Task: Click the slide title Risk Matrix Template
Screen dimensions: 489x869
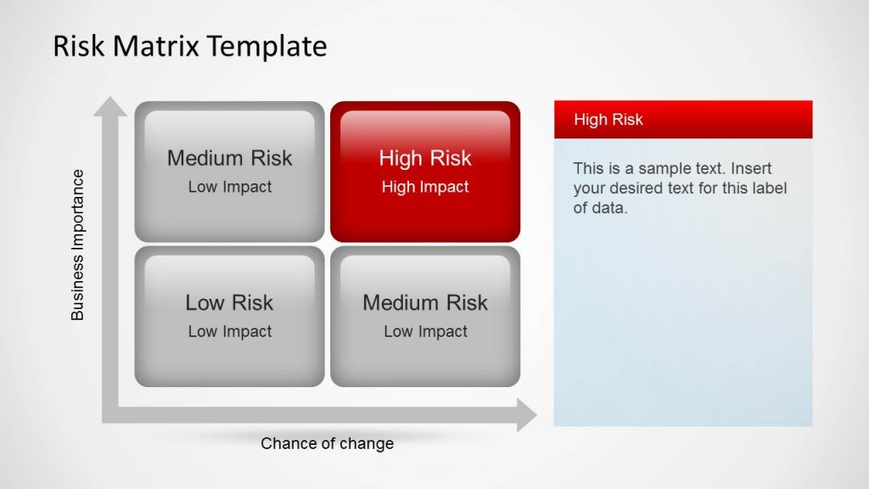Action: (x=189, y=46)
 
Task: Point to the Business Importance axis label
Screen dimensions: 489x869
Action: (x=78, y=244)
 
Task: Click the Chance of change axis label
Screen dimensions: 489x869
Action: (x=327, y=443)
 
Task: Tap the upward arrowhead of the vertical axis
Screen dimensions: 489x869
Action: (x=110, y=106)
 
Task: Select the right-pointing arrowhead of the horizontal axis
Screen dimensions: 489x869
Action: (x=526, y=415)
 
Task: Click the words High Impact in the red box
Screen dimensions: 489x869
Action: (x=425, y=188)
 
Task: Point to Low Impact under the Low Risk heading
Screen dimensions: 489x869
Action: (x=230, y=332)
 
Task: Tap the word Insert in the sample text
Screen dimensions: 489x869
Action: (x=751, y=168)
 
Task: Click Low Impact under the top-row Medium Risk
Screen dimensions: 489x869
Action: (x=230, y=188)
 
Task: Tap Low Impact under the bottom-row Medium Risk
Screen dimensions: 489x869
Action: (x=425, y=332)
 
